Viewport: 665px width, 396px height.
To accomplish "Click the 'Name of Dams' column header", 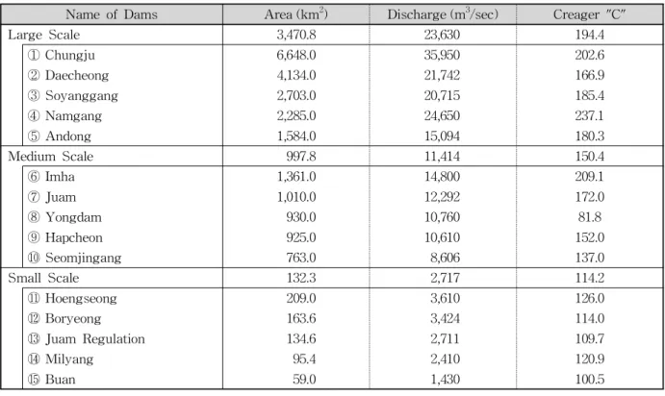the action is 112,14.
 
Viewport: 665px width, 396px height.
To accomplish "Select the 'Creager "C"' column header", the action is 590,14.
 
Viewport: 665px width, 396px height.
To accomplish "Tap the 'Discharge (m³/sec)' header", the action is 443,14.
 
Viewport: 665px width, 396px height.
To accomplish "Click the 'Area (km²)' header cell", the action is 296,14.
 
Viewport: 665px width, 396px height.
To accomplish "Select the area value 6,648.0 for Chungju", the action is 296,55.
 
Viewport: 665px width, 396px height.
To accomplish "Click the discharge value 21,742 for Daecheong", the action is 442,75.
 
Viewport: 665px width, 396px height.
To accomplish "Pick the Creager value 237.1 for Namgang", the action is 590,115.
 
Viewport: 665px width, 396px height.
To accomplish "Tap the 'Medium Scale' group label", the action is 50,157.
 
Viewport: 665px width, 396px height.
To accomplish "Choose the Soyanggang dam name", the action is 82,96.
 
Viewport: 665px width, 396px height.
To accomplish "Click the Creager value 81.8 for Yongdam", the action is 590,217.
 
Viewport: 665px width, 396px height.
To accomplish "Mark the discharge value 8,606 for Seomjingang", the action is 445,258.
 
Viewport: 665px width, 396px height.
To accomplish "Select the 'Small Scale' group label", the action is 43,278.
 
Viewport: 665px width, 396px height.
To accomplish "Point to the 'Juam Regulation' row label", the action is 95,339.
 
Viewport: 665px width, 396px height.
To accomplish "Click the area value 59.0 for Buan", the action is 304,379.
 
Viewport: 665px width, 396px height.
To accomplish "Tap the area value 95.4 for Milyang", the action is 304,359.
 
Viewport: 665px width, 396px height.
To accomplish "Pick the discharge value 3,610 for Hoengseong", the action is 445,298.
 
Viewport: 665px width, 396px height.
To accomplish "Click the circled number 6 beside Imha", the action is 34,177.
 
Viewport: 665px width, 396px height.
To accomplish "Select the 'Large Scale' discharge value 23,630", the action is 442,35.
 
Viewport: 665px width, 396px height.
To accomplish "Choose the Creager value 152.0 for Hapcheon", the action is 590,237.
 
